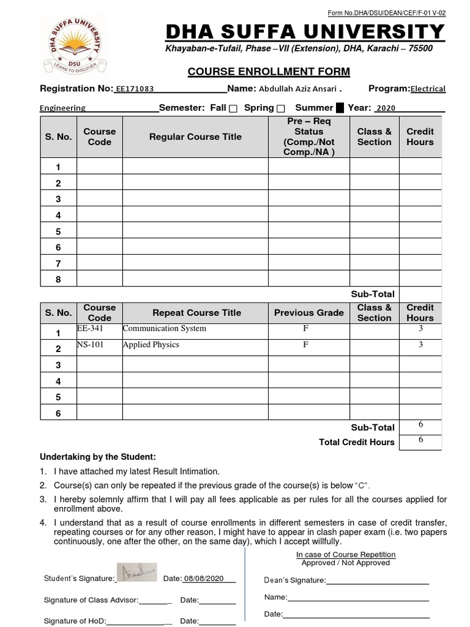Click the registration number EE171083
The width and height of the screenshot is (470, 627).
coord(134,89)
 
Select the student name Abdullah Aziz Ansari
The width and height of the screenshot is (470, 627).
coord(294,89)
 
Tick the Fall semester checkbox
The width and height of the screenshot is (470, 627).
coord(233,108)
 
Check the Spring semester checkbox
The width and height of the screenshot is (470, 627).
coord(281,108)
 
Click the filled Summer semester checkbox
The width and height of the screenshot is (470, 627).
coord(340,108)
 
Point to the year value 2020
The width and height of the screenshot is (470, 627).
coord(386,108)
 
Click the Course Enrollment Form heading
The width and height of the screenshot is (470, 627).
coord(260,72)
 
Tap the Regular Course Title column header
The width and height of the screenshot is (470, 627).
coord(195,137)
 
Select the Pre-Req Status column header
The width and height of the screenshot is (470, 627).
coord(308,137)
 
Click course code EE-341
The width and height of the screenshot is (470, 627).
coord(86,329)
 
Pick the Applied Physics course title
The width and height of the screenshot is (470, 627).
coord(151,345)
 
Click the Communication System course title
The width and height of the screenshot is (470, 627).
coord(164,329)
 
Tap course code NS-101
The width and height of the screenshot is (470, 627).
coord(90,345)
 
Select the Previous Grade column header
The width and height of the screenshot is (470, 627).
coord(308,312)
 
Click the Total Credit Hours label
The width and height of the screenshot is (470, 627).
coord(357,442)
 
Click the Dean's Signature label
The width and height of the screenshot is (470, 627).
coord(294,580)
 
